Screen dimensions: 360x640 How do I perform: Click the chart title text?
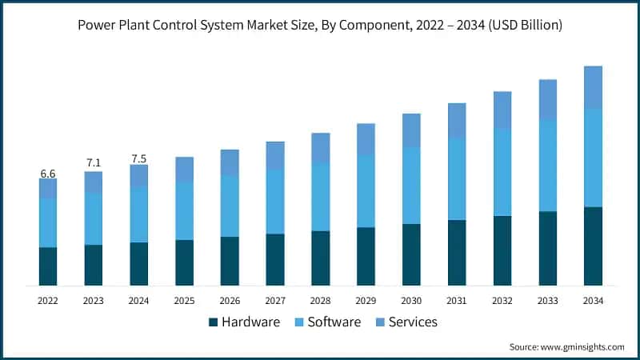(320, 25)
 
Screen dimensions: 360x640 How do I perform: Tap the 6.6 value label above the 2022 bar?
(48, 173)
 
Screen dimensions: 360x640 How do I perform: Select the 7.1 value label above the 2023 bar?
(94, 163)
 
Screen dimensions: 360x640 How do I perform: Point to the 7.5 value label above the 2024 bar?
(139, 158)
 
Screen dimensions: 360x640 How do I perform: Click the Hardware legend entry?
(244, 322)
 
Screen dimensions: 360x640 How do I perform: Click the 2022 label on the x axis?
(48, 300)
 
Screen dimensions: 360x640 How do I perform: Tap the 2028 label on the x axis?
(321, 300)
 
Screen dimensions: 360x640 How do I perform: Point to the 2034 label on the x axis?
(593, 300)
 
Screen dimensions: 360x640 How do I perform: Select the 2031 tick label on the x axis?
(457, 300)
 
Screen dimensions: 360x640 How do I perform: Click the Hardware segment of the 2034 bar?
(593, 246)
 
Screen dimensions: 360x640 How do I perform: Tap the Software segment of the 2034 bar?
(593, 157)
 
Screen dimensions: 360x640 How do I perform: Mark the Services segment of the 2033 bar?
(547, 98)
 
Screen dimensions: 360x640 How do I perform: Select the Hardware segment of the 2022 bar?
(48, 266)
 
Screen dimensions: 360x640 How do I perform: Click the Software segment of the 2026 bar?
(230, 206)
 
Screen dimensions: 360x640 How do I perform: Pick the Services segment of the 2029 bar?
(366, 139)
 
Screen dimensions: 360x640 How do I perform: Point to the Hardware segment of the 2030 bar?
(411, 254)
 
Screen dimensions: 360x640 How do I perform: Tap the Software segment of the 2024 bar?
(139, 214)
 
